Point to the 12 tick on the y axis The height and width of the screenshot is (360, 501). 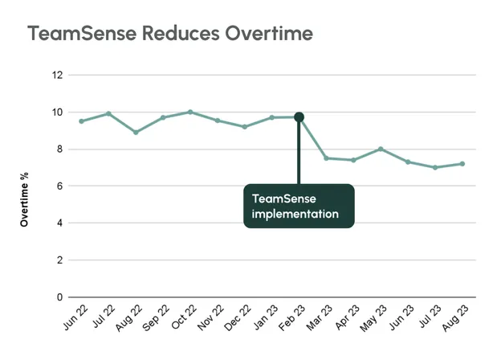tap(56, 75)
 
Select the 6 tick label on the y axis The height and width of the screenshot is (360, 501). tap(59, 186)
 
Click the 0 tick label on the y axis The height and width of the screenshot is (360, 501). tap(59, 297)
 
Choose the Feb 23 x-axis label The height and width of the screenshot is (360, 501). tap(291, 320)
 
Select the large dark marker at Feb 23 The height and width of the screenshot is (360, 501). tap(299, 117)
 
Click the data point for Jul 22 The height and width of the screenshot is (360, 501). tap(108, 113)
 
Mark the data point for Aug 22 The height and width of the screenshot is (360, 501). tap(136, 132)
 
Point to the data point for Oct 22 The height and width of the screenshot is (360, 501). tap(189, 112)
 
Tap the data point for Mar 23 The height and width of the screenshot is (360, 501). tap(326, 158)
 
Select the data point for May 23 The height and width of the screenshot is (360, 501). tap(381, 149)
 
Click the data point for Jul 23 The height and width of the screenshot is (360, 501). tap(434, 167)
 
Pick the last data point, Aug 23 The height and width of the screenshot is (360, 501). tap(462, 164)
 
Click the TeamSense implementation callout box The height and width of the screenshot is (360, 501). tap(299, 206)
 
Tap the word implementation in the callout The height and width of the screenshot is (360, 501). tap(294, 215)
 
